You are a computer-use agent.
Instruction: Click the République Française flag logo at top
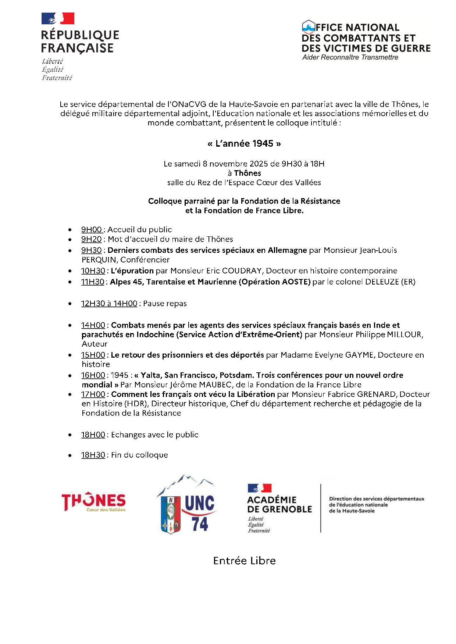click(58, 18)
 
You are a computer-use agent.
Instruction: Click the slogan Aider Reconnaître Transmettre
click(350, 57)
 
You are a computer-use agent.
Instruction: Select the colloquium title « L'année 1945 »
click(244, 143)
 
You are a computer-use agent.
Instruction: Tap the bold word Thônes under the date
click(247, 173)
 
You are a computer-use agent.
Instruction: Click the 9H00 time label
click(92, 230)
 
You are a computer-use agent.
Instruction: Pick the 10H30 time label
click(93, 271)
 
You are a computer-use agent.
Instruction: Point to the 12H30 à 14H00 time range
click(109, 304)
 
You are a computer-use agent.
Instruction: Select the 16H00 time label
click(93, 375)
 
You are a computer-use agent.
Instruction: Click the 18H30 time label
click(93, 455)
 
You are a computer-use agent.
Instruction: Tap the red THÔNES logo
click(93, 502)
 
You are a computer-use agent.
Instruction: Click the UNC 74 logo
click(187, 505)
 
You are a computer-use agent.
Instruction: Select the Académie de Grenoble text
click(279, 504)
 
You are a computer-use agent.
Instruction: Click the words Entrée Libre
click(244, 561)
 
